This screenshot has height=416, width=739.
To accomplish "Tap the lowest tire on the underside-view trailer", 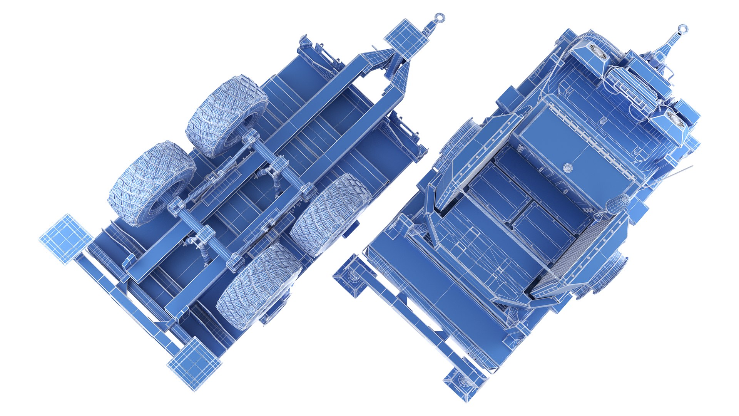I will [258, 287].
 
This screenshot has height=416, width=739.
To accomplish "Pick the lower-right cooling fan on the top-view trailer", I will [676, 120].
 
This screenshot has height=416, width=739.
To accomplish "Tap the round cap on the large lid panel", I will [568, 167].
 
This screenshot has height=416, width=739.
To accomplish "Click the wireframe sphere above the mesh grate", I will [619, 204].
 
